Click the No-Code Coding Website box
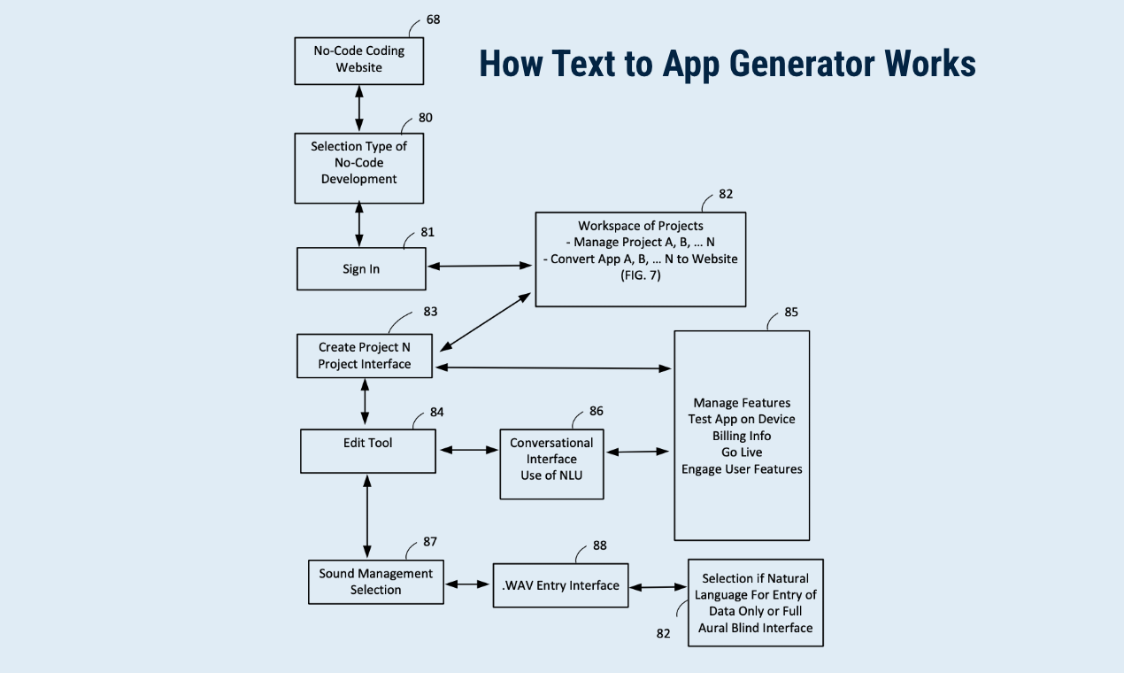(x=358, y=59)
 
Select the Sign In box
(x=361, y=268)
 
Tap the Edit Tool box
(x=367, y=451)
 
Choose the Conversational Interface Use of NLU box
(x=551, y=464)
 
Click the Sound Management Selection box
(x=375, y=582)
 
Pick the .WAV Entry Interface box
(x=560, y=585)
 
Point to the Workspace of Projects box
(x=640, y=259)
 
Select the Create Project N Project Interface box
(x=365, y=356)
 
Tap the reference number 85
(x=791, y=313)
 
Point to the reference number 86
(x=597, y=412)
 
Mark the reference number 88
(x=599, y=546)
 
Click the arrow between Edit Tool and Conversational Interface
(x=468, y=450)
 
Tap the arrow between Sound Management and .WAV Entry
(x=467, y=584)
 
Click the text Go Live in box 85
(x=742, y=453)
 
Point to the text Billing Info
(x=742, y=436)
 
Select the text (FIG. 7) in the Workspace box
(x=640, y=275)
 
